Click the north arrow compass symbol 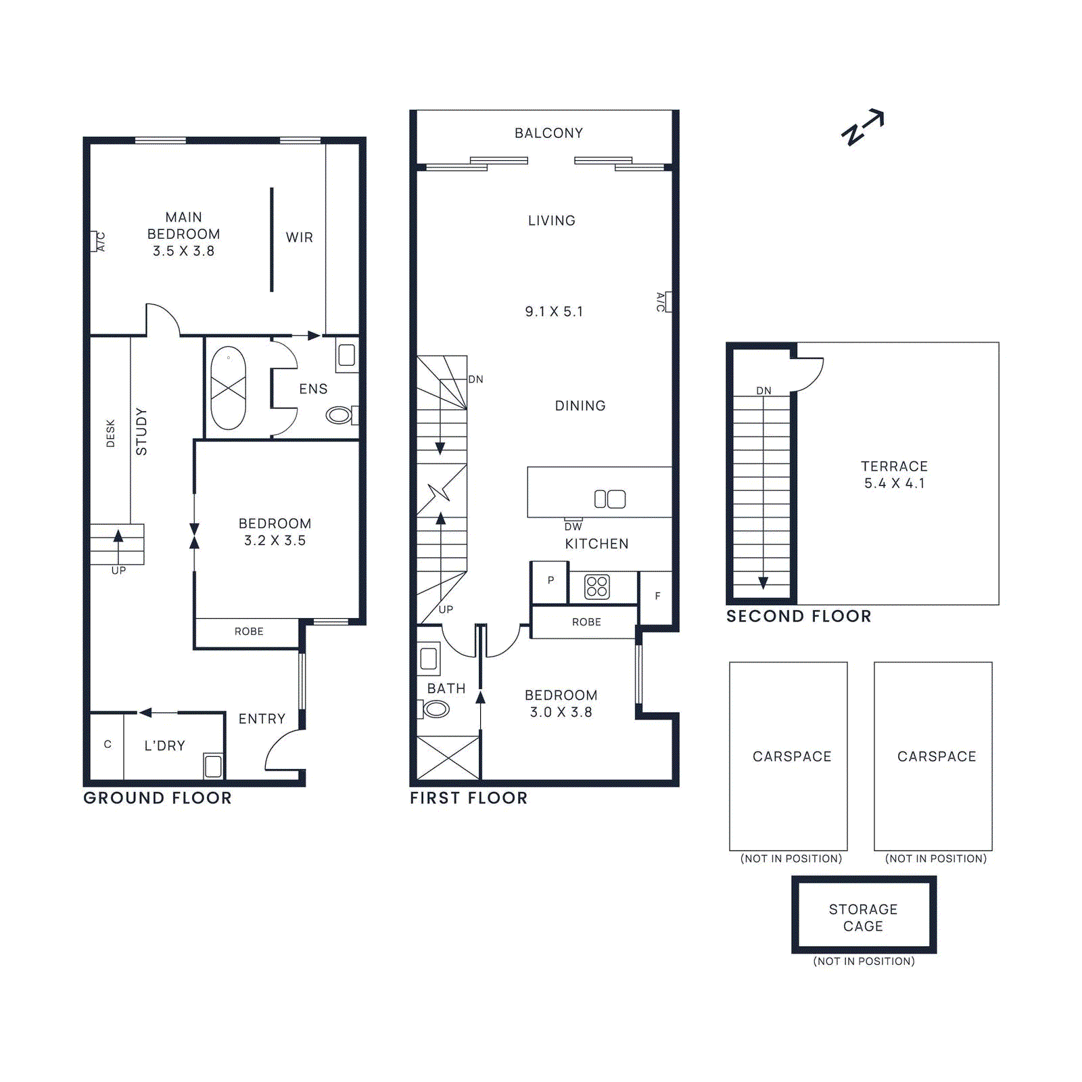point(862,128)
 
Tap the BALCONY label point(548,133)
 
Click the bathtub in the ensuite point(229,388)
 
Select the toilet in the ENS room point(339,415)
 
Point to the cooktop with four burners point(597,586)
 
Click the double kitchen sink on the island point(609,499)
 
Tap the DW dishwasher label point(573,526)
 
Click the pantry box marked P point(550,581)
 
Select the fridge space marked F point(657,596)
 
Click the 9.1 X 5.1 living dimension point(554,312)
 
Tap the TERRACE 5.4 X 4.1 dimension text point(894,483)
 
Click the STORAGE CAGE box point(864,917)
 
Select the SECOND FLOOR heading point(799,616)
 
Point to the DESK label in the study point(111,433)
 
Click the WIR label point(299,237)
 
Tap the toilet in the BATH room point(436,709)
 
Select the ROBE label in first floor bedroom point(586,622)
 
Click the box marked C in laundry point(108,745)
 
